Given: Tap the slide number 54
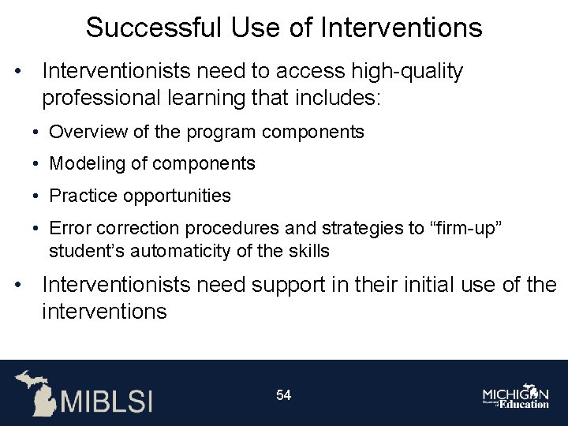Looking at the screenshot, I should click(283, 394).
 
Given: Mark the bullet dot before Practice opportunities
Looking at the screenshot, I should click(37, 196).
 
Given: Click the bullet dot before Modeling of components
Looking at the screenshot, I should click(37, 164).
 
